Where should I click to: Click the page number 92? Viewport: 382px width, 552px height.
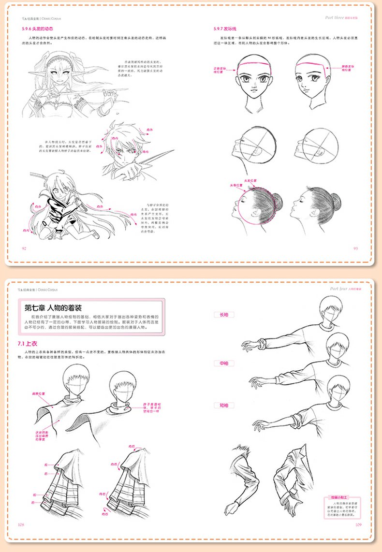23,248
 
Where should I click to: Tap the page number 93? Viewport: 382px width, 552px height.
355,248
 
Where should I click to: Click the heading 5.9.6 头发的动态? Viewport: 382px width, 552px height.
34,29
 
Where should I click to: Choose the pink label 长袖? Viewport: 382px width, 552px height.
224,314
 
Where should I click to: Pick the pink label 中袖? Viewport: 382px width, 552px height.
224,363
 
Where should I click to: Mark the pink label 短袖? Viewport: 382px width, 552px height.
224,405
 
